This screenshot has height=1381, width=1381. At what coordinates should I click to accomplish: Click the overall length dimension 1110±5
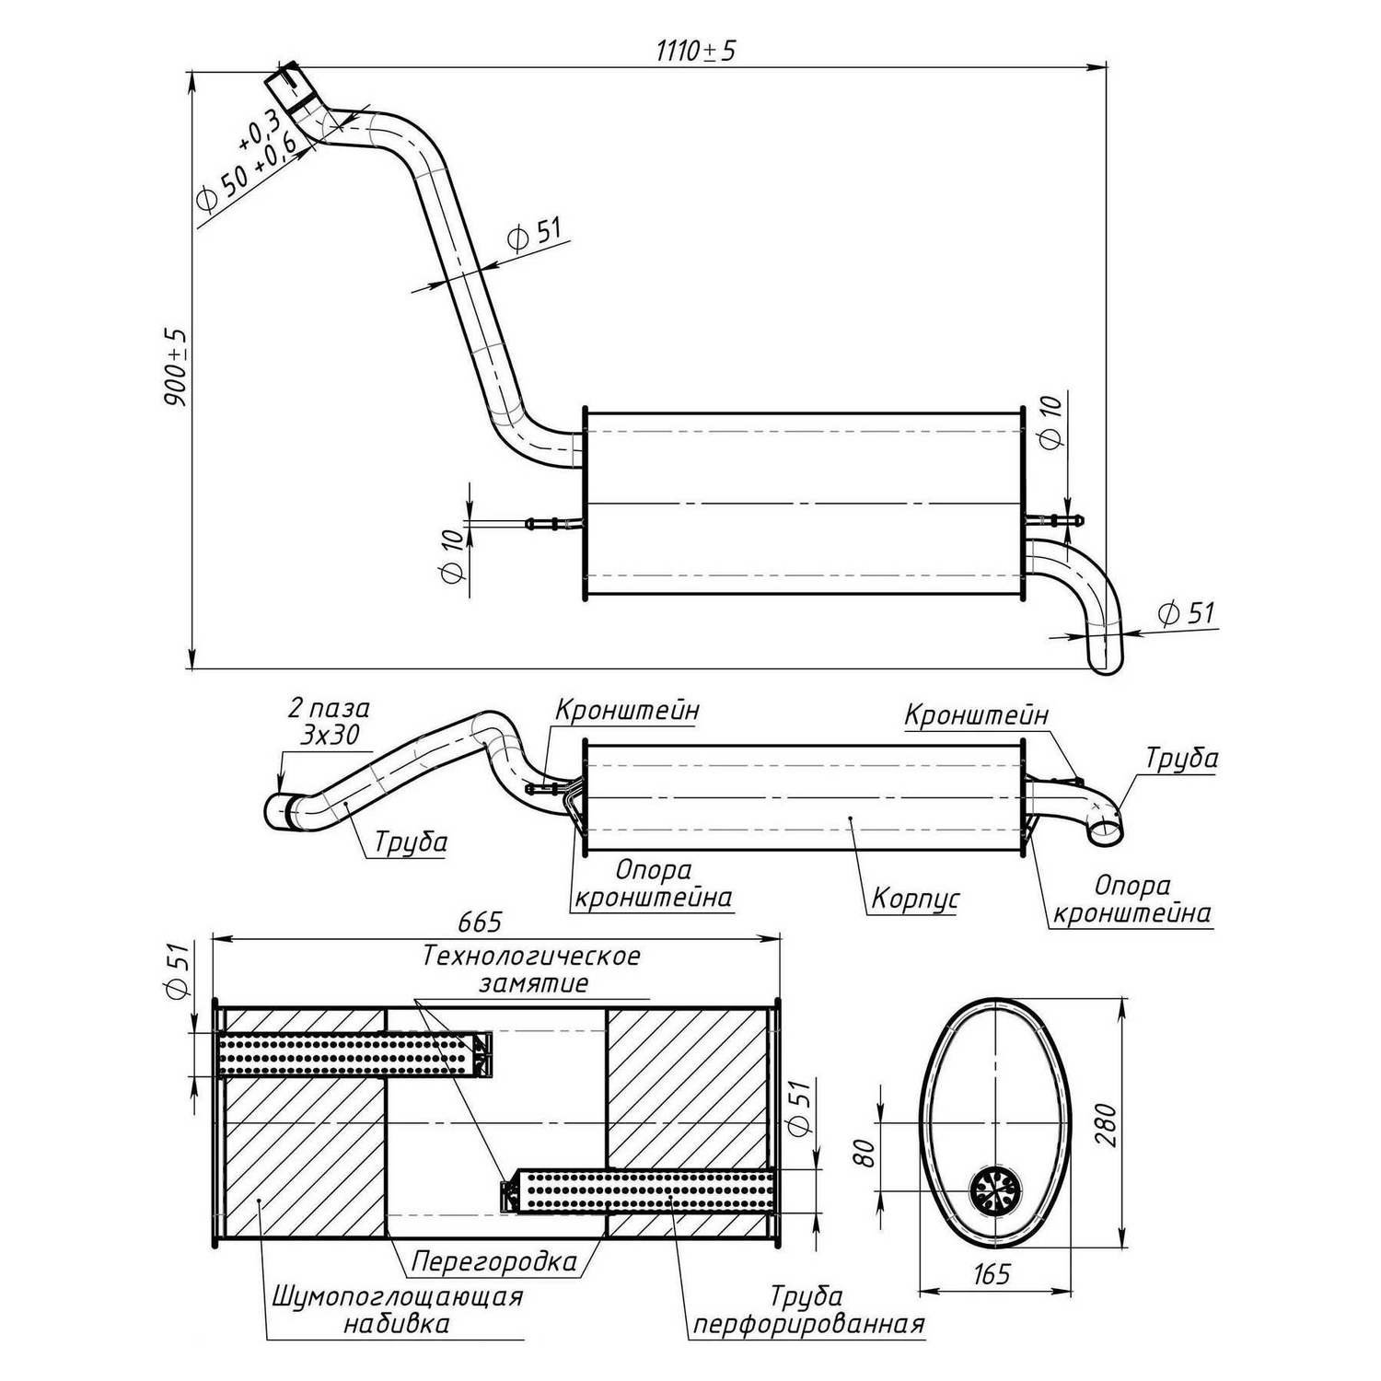click(696, 51)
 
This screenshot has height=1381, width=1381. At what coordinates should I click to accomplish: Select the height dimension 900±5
click(176, 367)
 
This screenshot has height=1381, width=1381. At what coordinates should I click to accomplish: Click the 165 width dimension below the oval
click(991, 1274)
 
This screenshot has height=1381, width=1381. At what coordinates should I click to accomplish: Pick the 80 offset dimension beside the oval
click(865, 1152)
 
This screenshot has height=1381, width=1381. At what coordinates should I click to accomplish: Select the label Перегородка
click(494, 1260)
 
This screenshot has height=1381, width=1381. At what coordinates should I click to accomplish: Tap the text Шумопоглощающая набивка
click(398, 1310)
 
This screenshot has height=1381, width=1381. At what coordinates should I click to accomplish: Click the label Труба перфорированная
click(807, 1310)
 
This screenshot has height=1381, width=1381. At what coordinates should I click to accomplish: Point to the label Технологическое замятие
click(532, 969)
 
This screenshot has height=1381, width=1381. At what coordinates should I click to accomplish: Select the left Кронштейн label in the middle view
click(627, 710)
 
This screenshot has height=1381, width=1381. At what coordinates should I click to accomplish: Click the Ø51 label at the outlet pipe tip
click(1188, 613)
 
